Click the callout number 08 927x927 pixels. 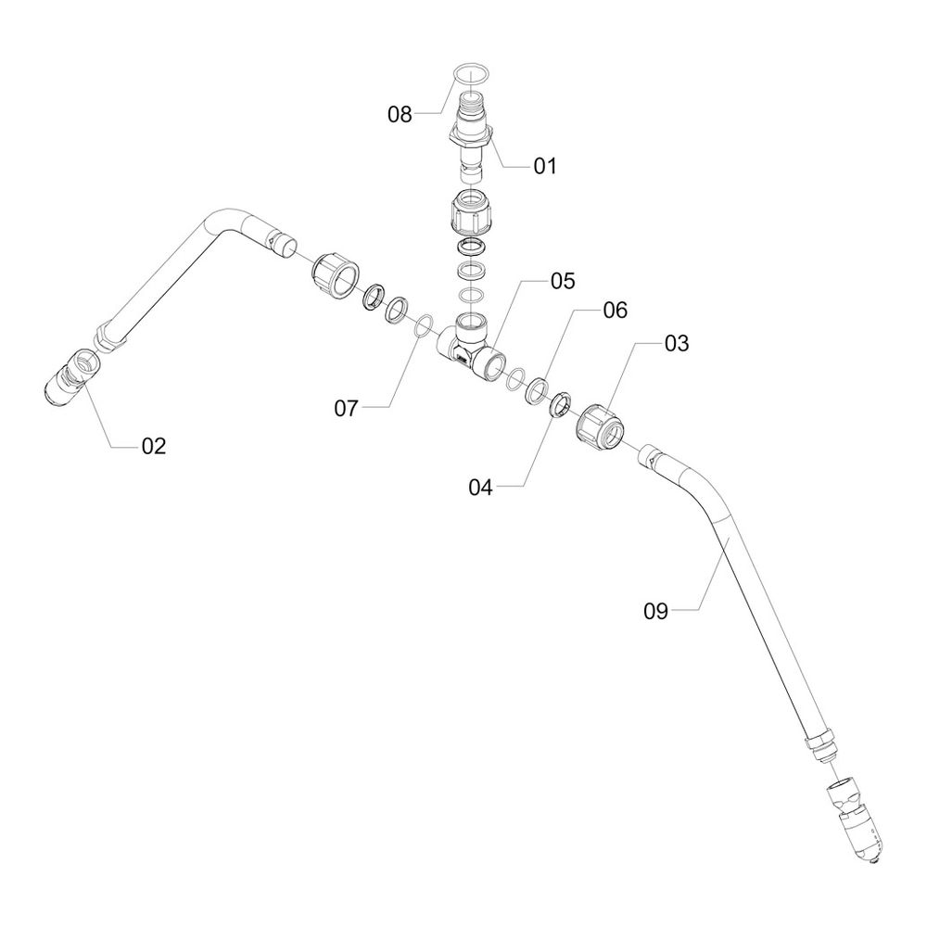400,115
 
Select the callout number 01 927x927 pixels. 544,166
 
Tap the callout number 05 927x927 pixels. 563,281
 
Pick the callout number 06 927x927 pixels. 616,311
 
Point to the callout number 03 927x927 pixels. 676,344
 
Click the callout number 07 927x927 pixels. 346,408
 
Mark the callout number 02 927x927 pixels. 153,446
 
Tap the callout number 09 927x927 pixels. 656,610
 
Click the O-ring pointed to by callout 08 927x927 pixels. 472,73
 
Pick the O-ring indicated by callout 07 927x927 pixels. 424,325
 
